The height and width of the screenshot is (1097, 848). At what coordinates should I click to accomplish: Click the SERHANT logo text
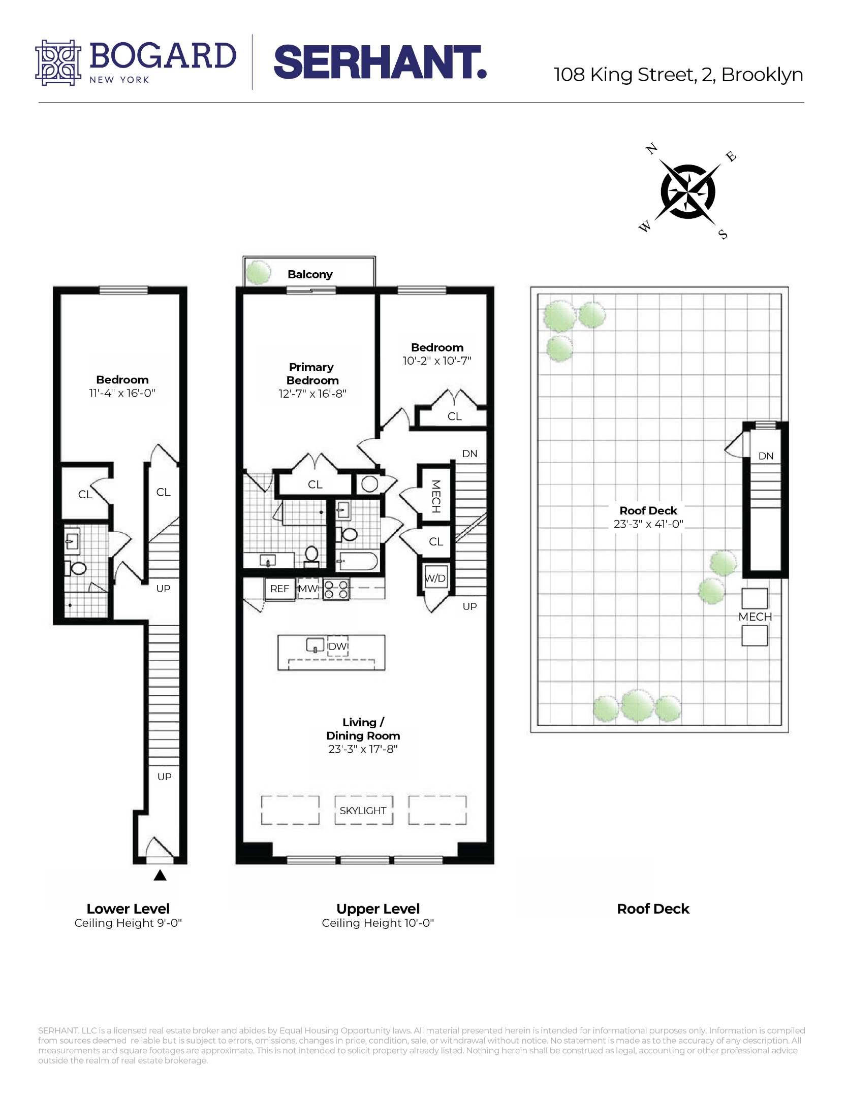click(x=380, y=62)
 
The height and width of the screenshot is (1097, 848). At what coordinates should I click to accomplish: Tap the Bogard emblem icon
click(x=57, y=62)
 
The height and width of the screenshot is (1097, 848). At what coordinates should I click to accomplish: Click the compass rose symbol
click(x=687, y=192)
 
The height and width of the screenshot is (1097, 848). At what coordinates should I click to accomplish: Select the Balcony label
click(x=309, y=274)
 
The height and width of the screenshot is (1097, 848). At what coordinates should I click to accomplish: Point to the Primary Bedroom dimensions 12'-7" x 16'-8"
click(x=312, y=394)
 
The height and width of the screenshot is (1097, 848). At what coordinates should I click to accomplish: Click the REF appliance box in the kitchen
click(x=279, y=589)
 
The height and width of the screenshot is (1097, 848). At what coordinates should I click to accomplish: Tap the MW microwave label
click(x=307, y=589)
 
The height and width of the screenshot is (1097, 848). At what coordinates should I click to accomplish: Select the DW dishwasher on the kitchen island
click(x=337, y=647)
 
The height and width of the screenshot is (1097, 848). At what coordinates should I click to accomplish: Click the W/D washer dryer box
click(x=435, y=578)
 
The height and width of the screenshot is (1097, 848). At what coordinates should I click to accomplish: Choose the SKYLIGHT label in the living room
click(x=363, y=811)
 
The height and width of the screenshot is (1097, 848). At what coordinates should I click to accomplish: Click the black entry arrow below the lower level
click(x=160, y=875)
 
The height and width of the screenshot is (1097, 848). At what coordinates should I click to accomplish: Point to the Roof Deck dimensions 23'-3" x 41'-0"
click(x=648, y=524)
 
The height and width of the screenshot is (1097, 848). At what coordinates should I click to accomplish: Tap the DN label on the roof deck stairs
click(x=766, y=456)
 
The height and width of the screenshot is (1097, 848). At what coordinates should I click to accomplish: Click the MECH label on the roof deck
click(x=755, y=617)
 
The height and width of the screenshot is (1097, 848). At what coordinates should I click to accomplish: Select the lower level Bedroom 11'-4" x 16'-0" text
click(x=122, y=393)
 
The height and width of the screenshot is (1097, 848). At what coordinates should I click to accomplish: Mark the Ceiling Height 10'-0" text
click(x=378, y=923)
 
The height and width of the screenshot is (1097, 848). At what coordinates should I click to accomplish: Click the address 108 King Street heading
click(x=678, y=75)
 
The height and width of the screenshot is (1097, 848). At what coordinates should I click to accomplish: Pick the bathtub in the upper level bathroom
click(x=358, y=562)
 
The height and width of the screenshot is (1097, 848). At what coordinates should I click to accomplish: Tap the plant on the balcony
click(x=259, y=272)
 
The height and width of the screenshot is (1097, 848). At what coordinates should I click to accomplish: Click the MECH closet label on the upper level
click(x=435, y=496)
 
